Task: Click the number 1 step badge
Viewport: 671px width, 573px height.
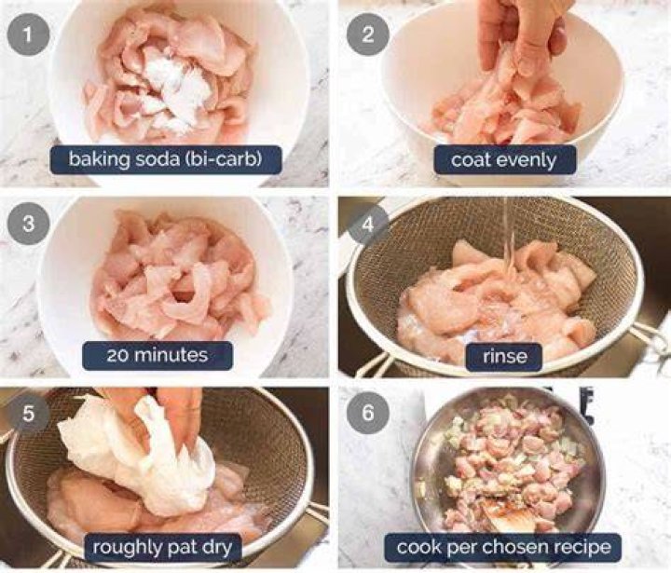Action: (28, 34)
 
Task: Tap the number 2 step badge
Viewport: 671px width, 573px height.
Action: (367, 34)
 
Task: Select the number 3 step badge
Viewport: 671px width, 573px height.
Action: (28, 224)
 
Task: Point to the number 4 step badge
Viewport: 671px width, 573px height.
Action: (367, 224)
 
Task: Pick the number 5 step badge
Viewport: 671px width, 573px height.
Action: (28, 414)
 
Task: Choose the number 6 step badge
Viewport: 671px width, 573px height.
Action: (367, 414)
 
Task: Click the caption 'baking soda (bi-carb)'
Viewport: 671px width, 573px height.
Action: (166, 159)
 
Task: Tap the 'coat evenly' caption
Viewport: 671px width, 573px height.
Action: (504, 159)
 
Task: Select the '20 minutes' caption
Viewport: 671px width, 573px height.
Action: (157, 355)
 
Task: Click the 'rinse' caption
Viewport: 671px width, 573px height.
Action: (504, 356)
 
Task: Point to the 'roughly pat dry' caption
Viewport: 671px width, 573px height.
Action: (162, 547)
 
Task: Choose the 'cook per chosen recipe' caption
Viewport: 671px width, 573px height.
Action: (503, 547)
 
